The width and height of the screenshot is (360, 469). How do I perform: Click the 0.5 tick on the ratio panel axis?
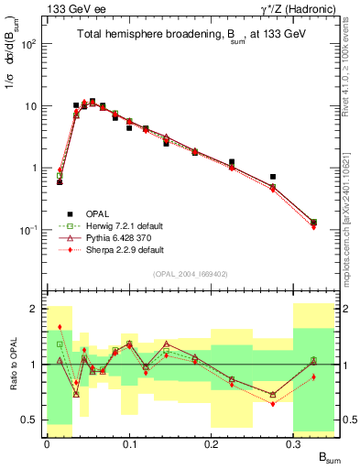31,420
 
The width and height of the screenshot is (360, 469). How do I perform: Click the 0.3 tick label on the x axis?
294,443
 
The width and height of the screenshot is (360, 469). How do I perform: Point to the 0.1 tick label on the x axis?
129,443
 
